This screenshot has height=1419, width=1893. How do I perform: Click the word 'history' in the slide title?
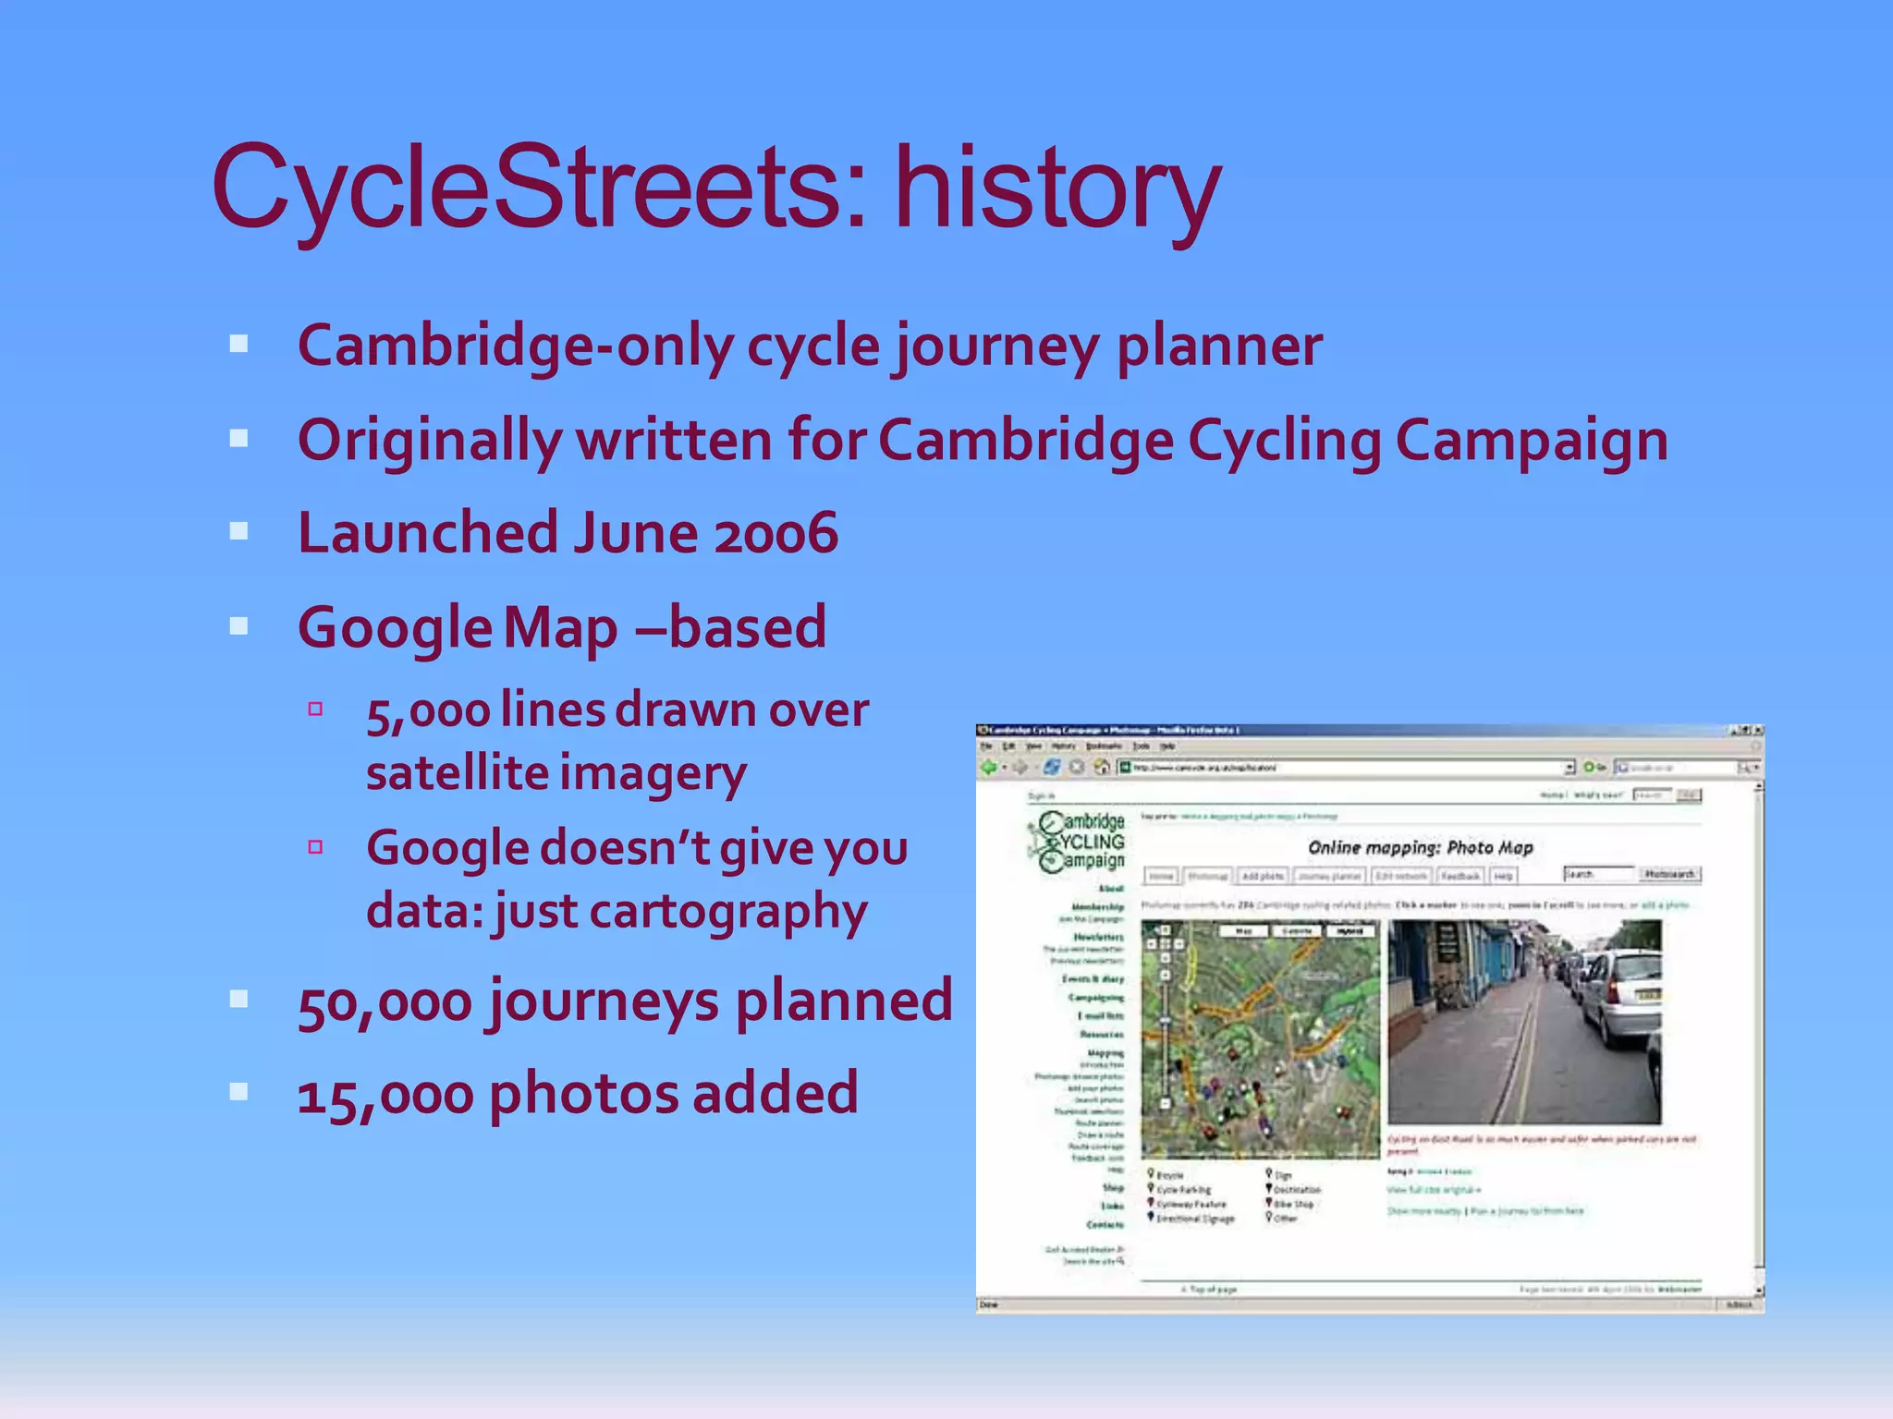[1057, 189]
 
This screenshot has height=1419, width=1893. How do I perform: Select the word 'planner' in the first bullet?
[1219, 346]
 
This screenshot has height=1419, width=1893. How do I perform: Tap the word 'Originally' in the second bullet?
[429, 441]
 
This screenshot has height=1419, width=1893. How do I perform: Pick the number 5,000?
[427, 711]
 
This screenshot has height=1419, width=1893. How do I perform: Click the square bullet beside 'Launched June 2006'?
[239, 531]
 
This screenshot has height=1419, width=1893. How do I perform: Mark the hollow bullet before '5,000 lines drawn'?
[315, 709]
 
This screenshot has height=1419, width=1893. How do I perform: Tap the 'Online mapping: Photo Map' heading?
[1420, 847]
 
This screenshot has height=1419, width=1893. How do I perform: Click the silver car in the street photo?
[1619, 998]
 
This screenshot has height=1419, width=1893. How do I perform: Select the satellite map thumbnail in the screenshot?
[1260, 1039]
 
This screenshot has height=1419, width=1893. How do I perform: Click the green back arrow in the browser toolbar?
[989, 768]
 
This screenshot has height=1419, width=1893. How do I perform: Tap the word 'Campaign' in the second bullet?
[1532, 441]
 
